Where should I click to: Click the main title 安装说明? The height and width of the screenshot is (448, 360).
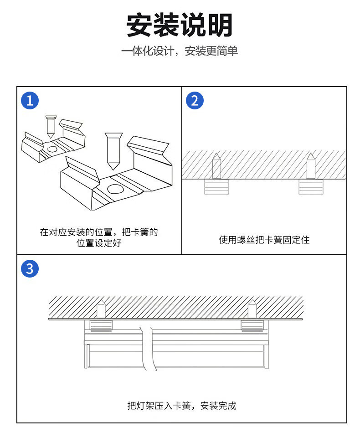(180, 25)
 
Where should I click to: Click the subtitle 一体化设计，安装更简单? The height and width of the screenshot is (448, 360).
(180, 51)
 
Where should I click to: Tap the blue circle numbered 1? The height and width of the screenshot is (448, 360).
(30, 100)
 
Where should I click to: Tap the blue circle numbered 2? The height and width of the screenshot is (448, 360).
(195, 100)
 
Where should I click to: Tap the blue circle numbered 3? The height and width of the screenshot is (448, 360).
(30, 268)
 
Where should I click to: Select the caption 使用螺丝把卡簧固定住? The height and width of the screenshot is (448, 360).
(264, 240)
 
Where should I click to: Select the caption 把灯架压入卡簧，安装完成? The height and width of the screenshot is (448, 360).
(182, 406)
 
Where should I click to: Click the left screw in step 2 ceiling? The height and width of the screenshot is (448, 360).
(216, 166)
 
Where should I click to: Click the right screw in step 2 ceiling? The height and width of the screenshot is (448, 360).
(311, 166)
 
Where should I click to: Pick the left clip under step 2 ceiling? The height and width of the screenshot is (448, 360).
(216, 187)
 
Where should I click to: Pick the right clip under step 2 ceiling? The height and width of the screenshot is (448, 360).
(311, 187)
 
